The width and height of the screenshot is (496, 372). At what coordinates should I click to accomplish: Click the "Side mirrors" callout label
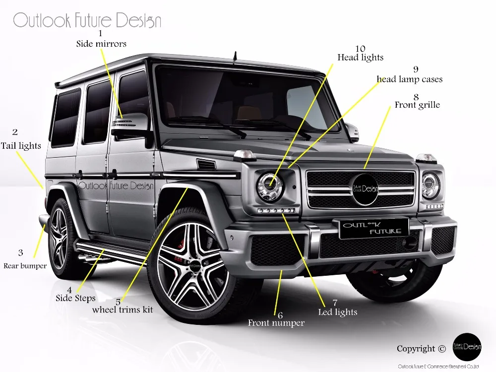tap(101, 44)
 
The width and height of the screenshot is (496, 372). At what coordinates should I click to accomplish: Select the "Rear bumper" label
tap(25, 266)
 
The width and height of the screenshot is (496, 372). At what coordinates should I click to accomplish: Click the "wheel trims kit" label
tap(123, 310)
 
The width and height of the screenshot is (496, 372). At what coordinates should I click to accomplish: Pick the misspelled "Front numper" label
tap(276, 323)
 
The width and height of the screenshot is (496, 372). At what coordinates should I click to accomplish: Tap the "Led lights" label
tap(337, 312)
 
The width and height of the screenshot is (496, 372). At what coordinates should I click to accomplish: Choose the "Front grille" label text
tap(417, 105)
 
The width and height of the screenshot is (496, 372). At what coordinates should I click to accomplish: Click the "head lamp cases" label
tap(410, 79)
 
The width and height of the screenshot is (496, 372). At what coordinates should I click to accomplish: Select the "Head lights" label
tap(361, 58)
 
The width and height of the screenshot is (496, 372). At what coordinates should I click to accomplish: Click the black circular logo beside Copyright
tap(467, 347)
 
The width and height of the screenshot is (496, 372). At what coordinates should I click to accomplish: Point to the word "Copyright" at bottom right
tap(415, 349)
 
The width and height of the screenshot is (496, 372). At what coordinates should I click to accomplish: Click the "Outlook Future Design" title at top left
tap(87, 21)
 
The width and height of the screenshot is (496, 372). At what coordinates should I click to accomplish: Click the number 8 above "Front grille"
tap(416, 97)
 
